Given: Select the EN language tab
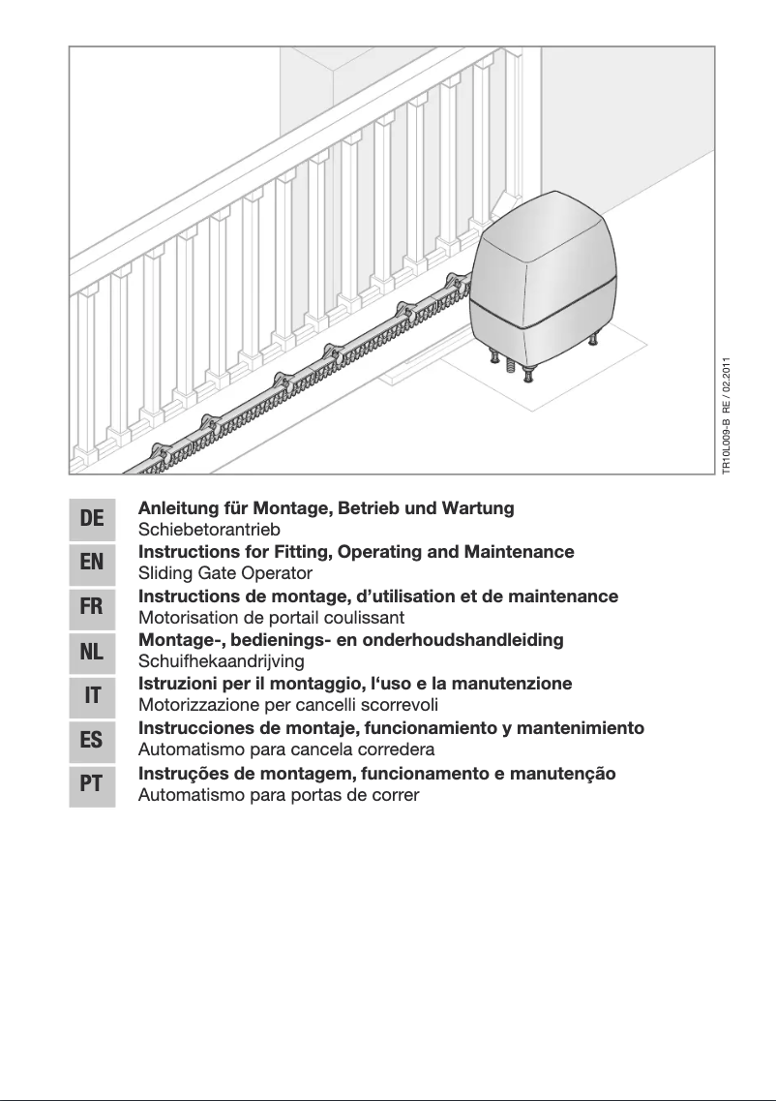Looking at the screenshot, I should [92, 564].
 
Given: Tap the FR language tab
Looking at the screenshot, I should [92, 608].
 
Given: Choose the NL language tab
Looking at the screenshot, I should [92, 652].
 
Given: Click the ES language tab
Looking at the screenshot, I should [92, 739].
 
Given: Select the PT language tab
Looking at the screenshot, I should [92, 783].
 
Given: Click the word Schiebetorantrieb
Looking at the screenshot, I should [209, 530].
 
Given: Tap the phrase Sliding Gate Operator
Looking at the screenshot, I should [225, 573].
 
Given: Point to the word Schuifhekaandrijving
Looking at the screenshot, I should [222, 661].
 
